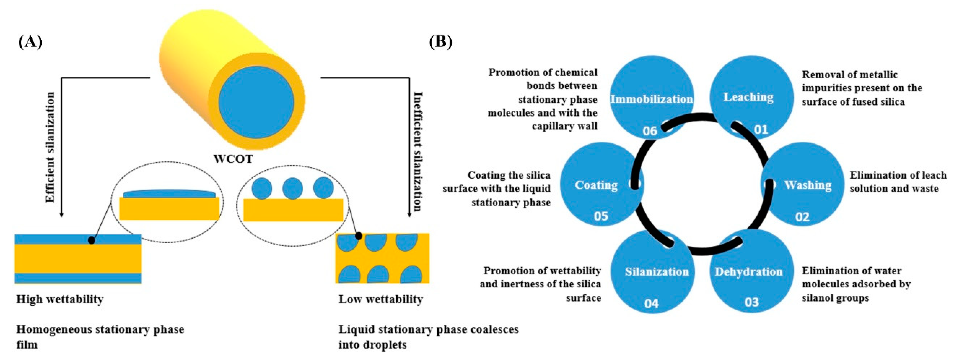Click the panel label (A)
coord(30,42)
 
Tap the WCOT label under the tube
coord(233,159)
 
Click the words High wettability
coord(60,299)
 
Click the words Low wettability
coord(381,299)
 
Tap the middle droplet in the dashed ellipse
coord(292,188)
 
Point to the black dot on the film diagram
coord(91,240)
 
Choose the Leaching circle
coord(752,97)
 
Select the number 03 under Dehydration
coord(751,302)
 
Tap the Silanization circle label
coord(657,272)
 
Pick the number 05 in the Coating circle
coord(601,216)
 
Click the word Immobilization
coord(651,99)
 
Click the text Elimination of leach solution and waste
coord(898,182)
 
